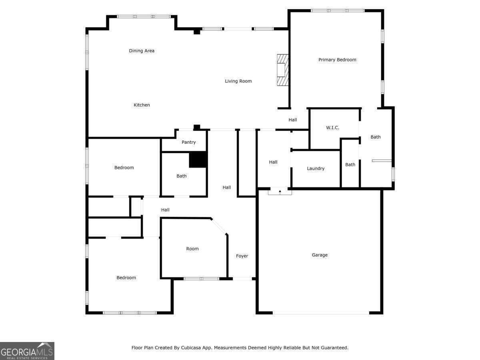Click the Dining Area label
click(x=142, y=51)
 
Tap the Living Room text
click(x=238, y=81)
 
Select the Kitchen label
click(x=142, y=105)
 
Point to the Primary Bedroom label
click(x=337, y=60)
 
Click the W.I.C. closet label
click(x=332, y=128)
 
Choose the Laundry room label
click(x=316, y=168)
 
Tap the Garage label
click(x=320, y=255)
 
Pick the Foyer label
click(x=242, y=256)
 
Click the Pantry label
click(x=188, y=142)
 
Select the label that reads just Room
click(x=192, y=249)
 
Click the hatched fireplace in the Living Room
click(x=282, y=70)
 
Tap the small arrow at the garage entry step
click(x=280, y=192)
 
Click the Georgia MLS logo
click(x=27, y=351)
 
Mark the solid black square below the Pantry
click(x=198, y=160)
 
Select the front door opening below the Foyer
click(x=242, y=278)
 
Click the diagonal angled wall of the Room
click(x=219, y=226)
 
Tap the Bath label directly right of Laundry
click(x=350, y=164)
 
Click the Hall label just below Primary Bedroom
click(x=293, y=120)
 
